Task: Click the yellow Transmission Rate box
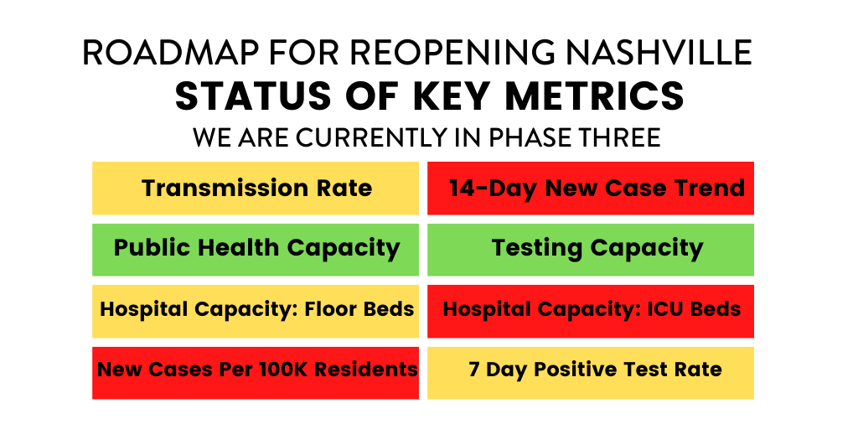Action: coord(256,189)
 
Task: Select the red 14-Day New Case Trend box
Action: coord(591,189)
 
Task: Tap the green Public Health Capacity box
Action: coord(256,249)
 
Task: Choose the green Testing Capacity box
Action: coord(591,249)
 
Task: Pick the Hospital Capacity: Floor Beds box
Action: coord(256,310)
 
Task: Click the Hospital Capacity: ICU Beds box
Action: coord(591,310)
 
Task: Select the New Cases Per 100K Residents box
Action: coord(256,370)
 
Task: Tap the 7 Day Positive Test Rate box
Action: coord(591,370)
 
